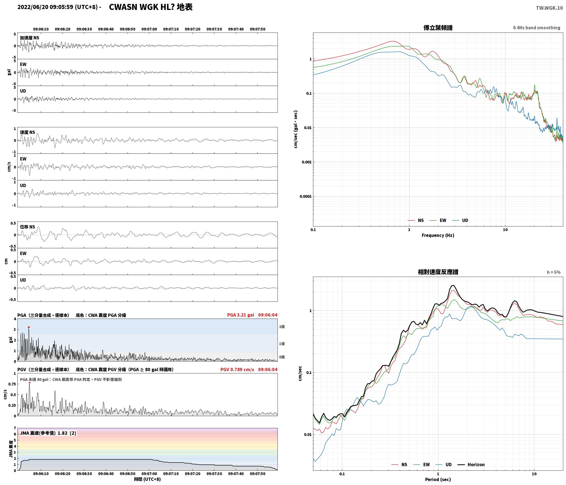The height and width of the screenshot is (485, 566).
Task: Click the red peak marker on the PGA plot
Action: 29,327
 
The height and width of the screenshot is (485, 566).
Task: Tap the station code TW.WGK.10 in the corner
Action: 549,8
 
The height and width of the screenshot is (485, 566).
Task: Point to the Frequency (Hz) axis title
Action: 438,235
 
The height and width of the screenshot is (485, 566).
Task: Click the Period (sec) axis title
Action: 438,479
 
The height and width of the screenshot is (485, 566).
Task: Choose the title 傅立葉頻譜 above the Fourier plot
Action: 438,28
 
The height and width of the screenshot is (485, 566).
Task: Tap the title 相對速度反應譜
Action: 438,272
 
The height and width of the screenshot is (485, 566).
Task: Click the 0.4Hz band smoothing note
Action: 537,28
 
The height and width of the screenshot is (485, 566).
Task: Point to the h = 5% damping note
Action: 554,272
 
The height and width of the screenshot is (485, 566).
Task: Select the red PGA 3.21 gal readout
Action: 241,315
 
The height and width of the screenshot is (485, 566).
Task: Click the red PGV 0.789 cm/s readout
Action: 237,370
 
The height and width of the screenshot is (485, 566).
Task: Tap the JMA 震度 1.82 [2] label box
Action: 48,433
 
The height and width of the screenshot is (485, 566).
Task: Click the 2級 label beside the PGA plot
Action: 282,327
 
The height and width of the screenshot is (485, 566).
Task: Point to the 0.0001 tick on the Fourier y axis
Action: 306,196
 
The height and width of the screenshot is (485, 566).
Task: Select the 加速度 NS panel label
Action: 29,38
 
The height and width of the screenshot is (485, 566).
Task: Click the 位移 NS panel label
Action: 28,227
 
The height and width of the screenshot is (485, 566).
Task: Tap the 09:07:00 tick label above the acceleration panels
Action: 149,29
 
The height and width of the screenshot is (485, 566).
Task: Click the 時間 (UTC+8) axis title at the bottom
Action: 147,479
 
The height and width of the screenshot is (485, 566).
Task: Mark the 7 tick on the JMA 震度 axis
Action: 15,428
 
